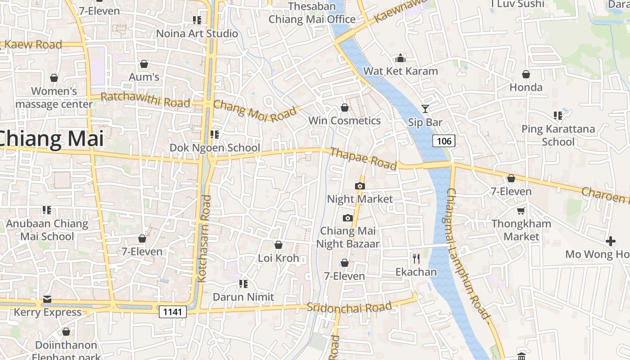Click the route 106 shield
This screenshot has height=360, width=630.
click(444, 141)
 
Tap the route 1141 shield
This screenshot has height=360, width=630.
click(172, 311)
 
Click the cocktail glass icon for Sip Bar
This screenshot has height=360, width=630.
click(425, 108)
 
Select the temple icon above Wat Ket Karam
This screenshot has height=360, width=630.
click(400, 58)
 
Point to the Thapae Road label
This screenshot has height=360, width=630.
click(363, 158)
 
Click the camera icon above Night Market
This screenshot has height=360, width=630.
click(360, 186)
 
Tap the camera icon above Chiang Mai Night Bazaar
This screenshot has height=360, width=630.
click(347, 218)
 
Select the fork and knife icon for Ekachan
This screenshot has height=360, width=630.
click(416, 258)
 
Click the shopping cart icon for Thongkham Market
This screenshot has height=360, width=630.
click(521, 211)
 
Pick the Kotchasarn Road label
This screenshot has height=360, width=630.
click(205, 238)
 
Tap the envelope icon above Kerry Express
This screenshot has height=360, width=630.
click(47, 299)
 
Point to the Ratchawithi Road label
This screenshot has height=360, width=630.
click(145, 99)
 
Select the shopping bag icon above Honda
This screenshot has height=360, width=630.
click(526, 74)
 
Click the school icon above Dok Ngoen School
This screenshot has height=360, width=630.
click(215, 134)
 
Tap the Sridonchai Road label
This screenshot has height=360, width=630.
click(349, 307)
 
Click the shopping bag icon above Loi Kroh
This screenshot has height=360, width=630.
click(279, 245)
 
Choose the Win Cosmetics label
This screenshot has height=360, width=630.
click(344, 121)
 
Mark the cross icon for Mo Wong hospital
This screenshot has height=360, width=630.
click(610, 241)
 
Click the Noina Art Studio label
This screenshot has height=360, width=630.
click(197, 33)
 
